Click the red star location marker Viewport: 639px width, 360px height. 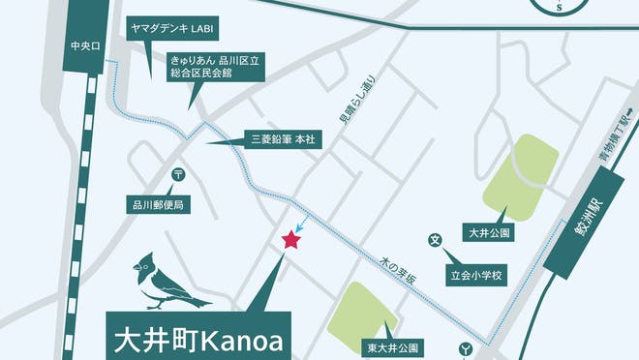coord(289,240)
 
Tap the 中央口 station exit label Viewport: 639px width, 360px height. coord(85,45)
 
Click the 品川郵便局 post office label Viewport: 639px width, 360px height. coord(159,205)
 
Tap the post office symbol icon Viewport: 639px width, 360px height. coord(179,174)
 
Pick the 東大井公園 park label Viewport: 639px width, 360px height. coord(391,346)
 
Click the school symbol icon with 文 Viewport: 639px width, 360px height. coord(436,239)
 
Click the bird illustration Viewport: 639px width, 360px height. coord(165,282)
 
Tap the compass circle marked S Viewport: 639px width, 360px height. coord(560,5)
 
